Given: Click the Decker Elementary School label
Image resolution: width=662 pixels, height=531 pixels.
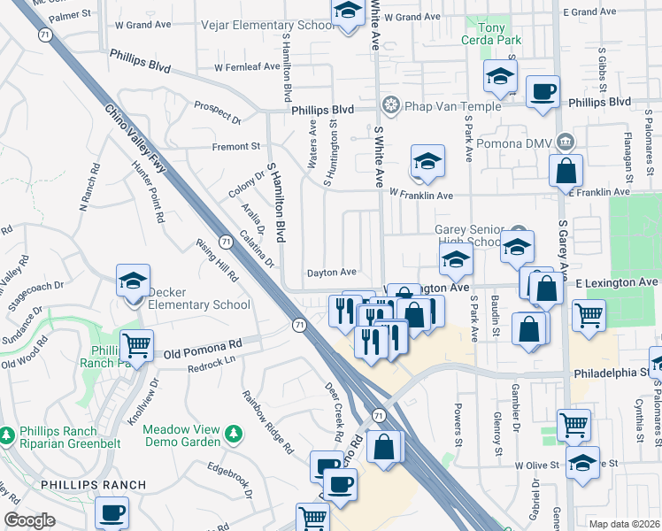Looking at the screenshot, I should [x=198, y=298].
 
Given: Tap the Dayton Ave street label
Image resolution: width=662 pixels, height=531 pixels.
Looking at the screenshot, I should [x=331, y=273].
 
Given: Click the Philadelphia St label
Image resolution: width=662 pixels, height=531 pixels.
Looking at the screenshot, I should [x=611, y=374].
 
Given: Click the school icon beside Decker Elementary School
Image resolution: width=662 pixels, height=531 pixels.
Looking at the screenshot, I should [x=134, y=282].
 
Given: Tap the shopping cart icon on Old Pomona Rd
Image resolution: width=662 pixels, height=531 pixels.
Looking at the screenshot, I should [x=136, y=344].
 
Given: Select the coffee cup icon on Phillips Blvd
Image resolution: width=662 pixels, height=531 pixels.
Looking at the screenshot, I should [x=542, y=90].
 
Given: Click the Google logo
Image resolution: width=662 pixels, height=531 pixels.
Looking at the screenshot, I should [x=29, y=520].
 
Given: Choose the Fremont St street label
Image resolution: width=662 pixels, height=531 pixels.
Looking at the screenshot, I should [x=235, y=145].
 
